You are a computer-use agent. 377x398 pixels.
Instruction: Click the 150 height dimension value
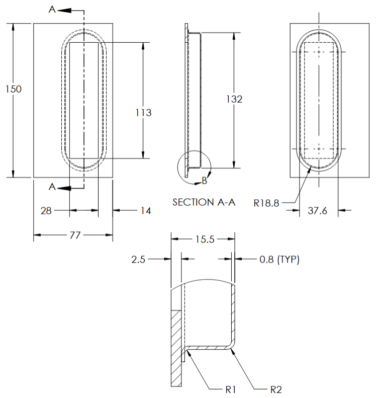[14, 89]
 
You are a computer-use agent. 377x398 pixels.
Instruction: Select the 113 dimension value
[143, 113]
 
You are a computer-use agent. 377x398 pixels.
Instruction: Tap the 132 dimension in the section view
[234, 99]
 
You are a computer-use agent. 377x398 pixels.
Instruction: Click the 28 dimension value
[46, 211]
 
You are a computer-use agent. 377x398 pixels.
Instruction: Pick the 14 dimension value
[145, 211]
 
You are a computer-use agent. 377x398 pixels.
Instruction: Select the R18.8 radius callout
[266, 203]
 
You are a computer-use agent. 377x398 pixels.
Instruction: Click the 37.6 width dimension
[317, 211]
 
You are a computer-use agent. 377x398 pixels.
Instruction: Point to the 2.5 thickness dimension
[139, 260]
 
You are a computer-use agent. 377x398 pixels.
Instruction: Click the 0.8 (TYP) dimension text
[279, 260]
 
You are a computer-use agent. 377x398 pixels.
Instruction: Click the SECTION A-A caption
[204, 202]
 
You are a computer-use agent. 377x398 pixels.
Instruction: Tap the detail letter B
[205, 180]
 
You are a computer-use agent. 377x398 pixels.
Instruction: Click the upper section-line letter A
[52, 10]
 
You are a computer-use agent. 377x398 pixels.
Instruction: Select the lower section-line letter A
[52, 187]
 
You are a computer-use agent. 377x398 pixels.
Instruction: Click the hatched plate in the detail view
[176, 347]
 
